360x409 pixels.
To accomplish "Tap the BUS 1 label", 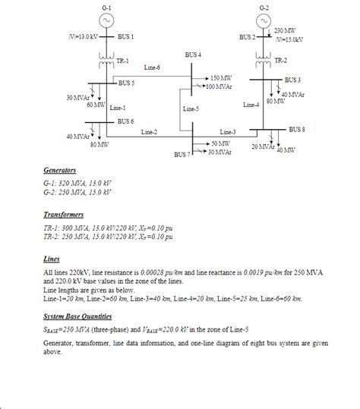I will [126, 36].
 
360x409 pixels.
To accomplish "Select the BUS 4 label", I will [194, 55].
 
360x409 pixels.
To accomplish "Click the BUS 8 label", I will [297, 130].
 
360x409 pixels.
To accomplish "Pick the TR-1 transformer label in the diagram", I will [122, 60].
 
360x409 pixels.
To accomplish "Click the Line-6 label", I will [152, 68].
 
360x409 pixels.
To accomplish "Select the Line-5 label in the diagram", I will [191, 109].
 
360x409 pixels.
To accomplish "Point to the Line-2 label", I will [150, 133].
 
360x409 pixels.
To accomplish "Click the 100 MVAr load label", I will [223, 86].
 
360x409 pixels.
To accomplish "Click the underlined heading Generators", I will [59, 171].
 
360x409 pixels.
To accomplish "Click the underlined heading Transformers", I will [63, 215].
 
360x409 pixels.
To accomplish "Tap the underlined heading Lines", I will [52, 258].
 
